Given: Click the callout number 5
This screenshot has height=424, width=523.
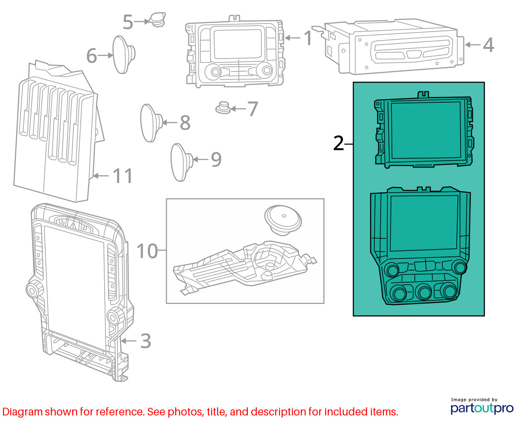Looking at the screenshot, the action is pos(128,22).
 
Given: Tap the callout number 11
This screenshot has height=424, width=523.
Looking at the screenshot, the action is pos(123,176).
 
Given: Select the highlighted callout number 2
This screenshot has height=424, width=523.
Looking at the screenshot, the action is pos(338,143).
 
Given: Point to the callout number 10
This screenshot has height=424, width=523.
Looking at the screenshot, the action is pos(147,251).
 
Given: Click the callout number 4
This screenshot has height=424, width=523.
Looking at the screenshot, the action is pos(488,45).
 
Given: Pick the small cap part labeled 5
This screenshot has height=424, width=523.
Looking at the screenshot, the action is pos(157,19).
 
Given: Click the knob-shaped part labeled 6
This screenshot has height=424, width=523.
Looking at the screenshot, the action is pos(123,55).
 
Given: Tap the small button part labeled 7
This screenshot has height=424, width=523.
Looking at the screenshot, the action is pos(223,108).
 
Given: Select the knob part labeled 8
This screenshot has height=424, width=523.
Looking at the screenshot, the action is pos(151,123).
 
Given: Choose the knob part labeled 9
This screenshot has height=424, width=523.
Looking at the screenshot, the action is pos(182,162).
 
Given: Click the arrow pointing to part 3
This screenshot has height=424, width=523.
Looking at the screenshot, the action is pos(129,341).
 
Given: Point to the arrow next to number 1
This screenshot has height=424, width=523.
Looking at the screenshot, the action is pos(293,38).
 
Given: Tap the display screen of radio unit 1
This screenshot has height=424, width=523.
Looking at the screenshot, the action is pos(238,44).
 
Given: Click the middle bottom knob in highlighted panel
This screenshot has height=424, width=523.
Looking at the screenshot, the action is pos(423,292).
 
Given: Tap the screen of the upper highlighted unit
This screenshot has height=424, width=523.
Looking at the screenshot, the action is pos(426,130).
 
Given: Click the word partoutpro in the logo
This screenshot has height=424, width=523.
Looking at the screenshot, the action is pos(482,408).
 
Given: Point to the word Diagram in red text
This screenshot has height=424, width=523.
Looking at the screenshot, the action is pos(23,412).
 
